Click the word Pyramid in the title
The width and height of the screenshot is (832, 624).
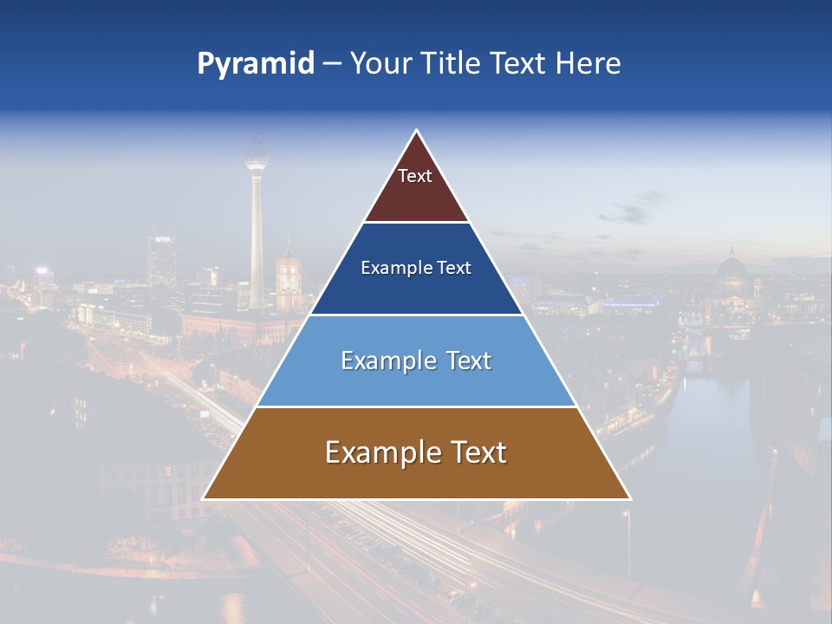pos(256,64)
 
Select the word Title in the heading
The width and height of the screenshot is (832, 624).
pos(450,64)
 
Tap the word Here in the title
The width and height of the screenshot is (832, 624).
pos(588,64)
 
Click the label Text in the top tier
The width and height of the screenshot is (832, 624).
pos(415,176)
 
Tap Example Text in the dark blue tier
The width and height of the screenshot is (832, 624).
pos(416,268)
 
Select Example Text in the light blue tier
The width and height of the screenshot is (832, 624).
pos(416,361)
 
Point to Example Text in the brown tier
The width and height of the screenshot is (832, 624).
pos(416,452)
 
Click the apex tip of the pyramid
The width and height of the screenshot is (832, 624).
pos(417,132)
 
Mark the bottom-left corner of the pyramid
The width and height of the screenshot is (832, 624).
pos(205,498)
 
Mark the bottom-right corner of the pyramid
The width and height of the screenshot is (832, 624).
pos(629,498)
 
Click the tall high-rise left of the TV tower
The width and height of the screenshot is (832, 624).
pos(161,260)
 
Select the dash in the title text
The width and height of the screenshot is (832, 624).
pos(332,64)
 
